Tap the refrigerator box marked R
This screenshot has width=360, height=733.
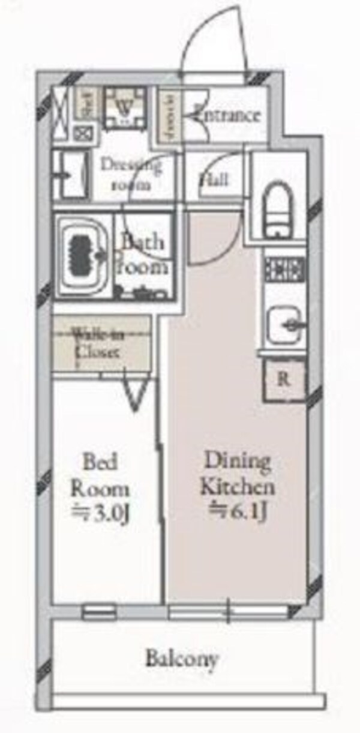[284, 379]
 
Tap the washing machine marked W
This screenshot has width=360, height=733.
[125, 107]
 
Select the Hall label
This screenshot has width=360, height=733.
[214, 179]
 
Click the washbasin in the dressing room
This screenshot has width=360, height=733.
[71, 175]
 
